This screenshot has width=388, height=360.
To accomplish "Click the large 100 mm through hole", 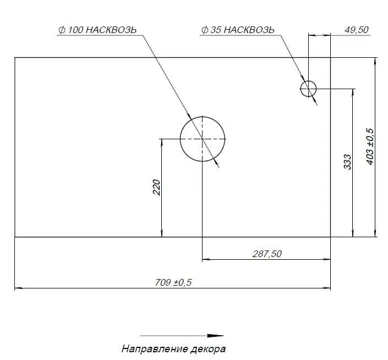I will [x=203, y=139].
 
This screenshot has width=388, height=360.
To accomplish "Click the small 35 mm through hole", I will [x=308, y=88].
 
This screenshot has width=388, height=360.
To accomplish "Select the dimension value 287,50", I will [x=267, y=253].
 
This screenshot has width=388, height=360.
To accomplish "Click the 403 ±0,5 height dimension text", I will [x=369, y=146].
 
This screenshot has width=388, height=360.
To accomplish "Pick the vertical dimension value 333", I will [x=347, y=161].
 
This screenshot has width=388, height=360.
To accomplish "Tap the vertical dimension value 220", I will [x=156, y=188].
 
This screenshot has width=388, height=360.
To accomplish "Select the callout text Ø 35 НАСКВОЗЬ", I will [x=238, y=30].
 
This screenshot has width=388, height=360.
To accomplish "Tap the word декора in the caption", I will [x=210, y=349].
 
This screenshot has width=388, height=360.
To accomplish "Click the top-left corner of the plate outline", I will [x=15, y=57].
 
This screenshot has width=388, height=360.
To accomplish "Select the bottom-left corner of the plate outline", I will [x=15, y=237].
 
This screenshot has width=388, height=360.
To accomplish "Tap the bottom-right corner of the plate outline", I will [x=330, y=237].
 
